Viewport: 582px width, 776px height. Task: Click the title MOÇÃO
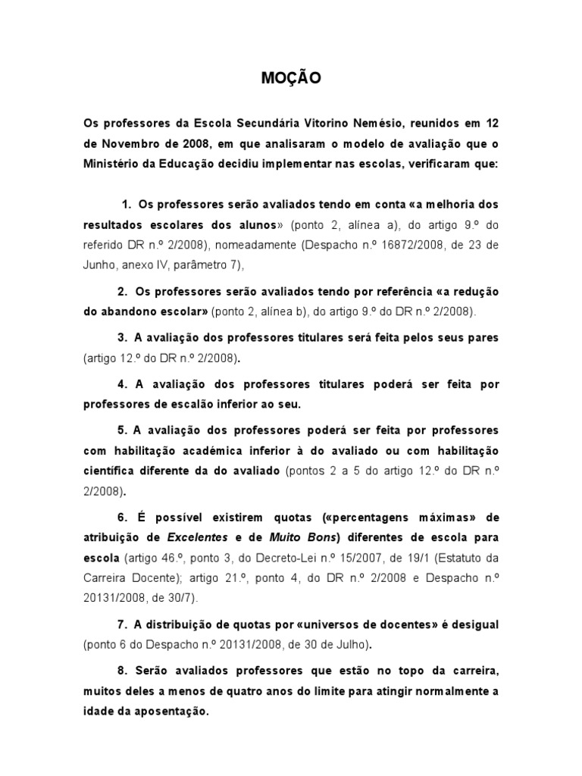[x=291, y=77]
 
